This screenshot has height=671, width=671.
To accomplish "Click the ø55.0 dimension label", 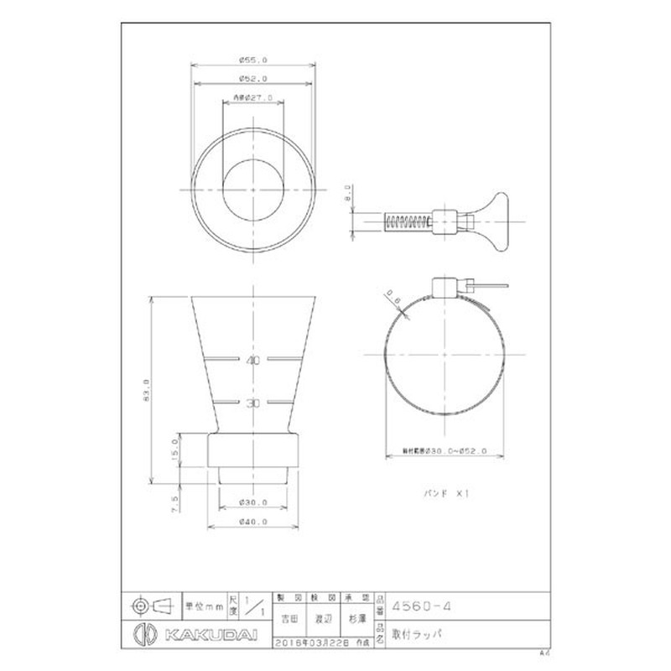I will pyautogui.click(x=253, y=60).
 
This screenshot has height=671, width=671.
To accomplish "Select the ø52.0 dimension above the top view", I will pyautogui.click(x=253, y=78).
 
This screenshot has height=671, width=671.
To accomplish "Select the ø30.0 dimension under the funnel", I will pyautogui.click(x=253, y=502).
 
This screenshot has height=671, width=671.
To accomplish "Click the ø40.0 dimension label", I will pyautogui.click(x=253, y=521).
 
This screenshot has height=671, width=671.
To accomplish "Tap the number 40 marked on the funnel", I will pyautogui.click(x=252, y=361).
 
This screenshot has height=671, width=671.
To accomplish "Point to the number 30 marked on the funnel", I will pyautogui.click(x=252, y=403).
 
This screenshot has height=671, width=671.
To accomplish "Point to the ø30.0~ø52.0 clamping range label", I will pyautogui.click(x=445, y=451).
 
